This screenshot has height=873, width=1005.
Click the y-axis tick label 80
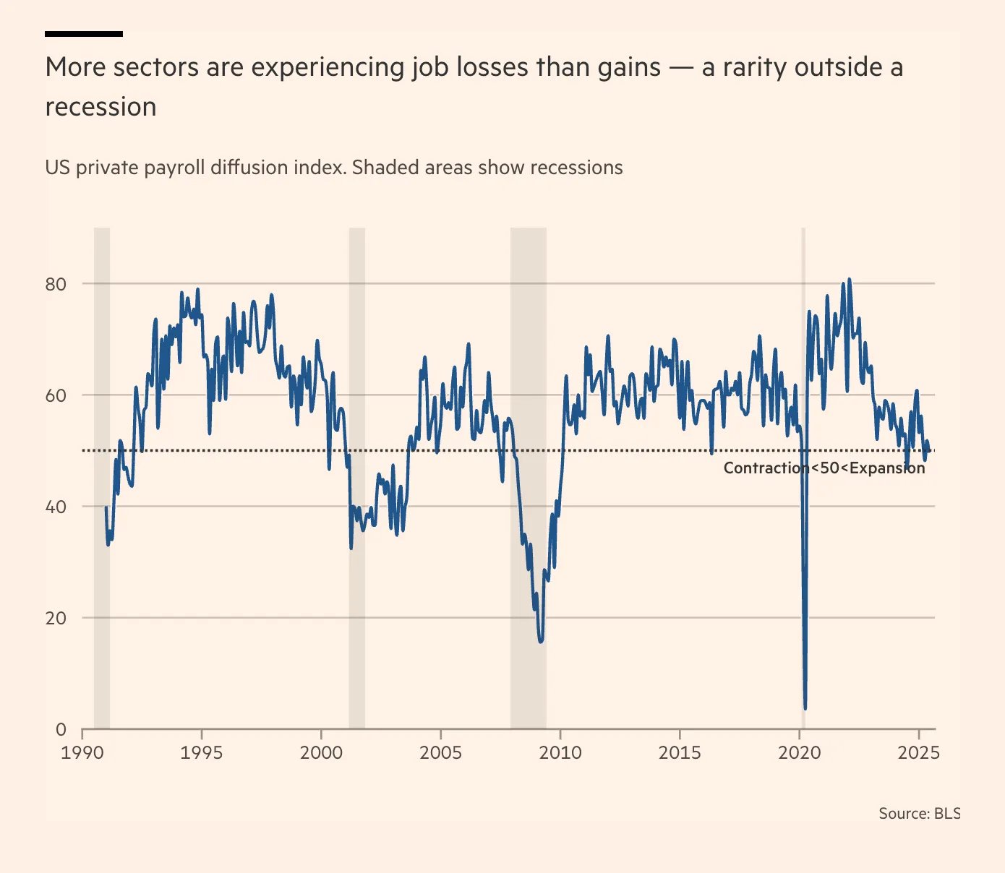point(56,284)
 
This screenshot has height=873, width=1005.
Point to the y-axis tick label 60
point(56,395)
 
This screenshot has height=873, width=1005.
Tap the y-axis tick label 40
point(56,507)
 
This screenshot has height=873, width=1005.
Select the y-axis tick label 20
point(56,618)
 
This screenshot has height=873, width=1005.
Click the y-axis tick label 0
point(61,729)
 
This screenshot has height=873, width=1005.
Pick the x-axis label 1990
point(82,752)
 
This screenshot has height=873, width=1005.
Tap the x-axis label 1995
point(202,752)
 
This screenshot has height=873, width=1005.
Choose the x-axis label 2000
point(321,752)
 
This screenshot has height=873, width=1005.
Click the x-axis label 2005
point(440,752)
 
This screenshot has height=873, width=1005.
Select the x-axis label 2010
point(560,752)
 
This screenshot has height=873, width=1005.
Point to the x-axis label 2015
point(680,752)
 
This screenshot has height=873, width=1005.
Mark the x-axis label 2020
point(800,752)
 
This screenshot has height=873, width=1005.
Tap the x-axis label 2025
point(918,752)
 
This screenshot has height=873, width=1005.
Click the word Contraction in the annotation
point(766,468)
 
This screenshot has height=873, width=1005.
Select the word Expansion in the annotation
point(887,468)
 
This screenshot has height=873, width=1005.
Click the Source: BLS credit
point(919,813)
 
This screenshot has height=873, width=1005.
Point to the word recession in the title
point(100,107)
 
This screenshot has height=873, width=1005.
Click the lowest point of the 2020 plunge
point(805,708)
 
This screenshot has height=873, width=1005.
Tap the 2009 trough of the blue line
point(541,640)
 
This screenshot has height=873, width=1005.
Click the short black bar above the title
point(84,33)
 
